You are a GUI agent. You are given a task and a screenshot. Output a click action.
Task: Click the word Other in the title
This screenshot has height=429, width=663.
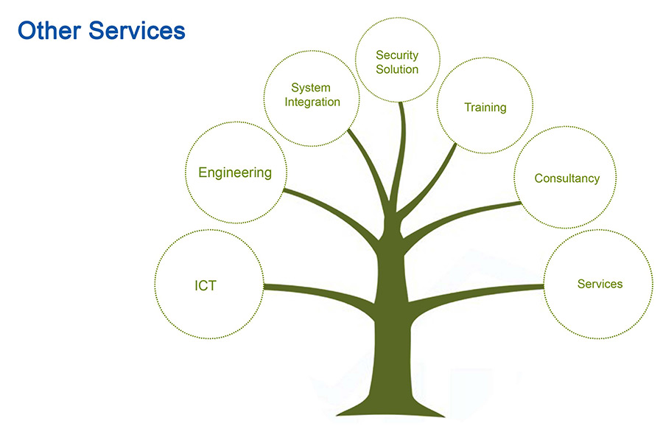49,30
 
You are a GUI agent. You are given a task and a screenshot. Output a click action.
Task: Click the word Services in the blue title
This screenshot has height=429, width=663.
137,30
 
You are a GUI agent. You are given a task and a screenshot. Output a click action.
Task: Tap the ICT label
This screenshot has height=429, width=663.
206,285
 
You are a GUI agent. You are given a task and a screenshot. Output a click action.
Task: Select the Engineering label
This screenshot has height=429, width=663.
235,172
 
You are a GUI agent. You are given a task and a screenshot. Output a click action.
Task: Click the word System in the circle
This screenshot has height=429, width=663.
311,88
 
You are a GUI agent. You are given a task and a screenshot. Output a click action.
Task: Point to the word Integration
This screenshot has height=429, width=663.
312,102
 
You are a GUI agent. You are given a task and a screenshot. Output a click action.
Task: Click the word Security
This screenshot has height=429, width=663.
397,55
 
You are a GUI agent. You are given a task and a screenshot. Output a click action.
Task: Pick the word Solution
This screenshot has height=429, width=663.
397,69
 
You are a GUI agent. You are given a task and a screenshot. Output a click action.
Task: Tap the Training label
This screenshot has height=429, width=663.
485,108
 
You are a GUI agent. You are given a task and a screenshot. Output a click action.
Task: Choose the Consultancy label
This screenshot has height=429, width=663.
567,178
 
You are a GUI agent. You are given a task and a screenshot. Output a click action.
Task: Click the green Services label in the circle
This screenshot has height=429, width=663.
600,284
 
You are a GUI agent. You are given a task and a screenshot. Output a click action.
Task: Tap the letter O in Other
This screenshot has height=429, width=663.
27,31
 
